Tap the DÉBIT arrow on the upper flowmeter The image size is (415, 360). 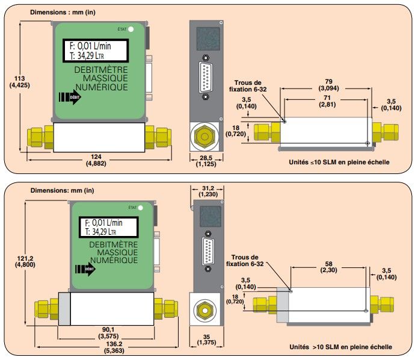coord(70,98)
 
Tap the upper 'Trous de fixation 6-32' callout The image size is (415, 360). coord(250,86)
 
